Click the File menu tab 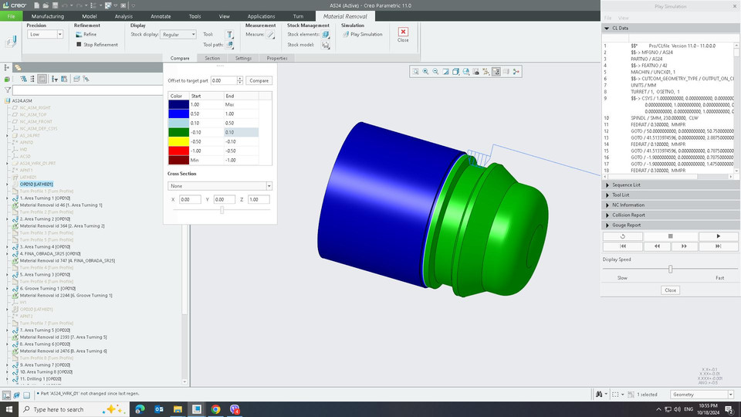click(12, 15)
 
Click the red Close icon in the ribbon click(403, 32)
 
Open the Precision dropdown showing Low click(46, 34)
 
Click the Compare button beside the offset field click(259, 80)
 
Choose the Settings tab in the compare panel click(243, 58)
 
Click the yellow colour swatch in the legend click(178, 141)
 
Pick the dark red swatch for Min click(178, 159)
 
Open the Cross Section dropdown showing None click(220, 186)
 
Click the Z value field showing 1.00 click(259, 199)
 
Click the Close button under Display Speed click(670, 290)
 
